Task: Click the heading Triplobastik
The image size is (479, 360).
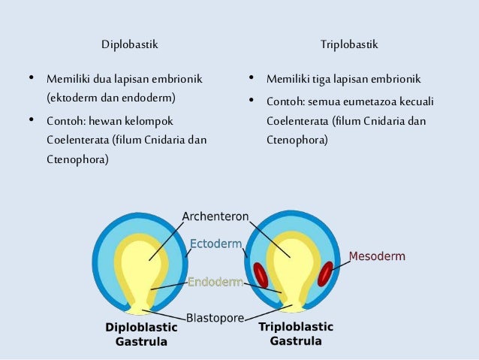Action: click(x=349, y=45)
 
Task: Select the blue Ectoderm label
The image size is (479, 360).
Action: click(x=215, y=244)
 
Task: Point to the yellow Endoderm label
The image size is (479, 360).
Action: click(x=215, y=283)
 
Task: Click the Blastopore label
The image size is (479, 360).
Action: click(x=215, y=318)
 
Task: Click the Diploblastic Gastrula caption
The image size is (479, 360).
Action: click(x=141, y=334)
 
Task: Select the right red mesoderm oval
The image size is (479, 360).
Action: click(x=327, y=274)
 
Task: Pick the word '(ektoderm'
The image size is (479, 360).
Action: click(x=70, y=98)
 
